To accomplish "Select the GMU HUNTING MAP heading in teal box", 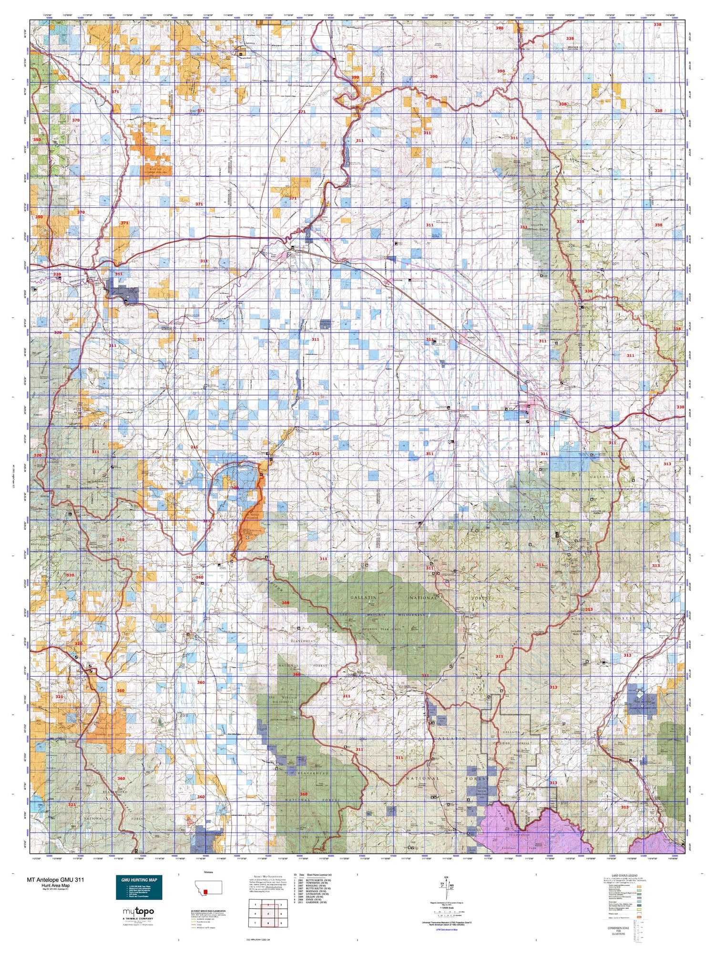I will click(139, 880).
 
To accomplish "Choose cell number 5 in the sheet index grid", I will click(268, 914).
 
